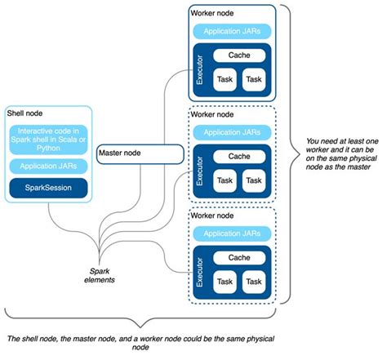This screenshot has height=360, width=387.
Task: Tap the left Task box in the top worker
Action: [x=225, y=79]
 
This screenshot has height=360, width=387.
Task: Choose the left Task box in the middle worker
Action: [x=225, y=180]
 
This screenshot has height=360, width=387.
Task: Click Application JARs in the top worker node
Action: [x=234, y=31]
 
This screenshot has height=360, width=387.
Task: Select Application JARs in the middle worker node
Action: [x=234, y=131]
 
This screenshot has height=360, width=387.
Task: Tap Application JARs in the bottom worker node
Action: [x=234, y=233]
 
